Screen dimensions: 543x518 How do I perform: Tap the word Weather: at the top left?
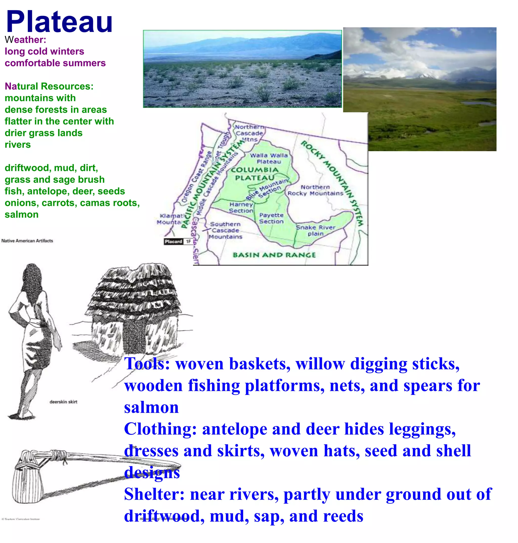tap(25, 40)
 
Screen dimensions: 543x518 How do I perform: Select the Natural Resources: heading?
tap(49, 86)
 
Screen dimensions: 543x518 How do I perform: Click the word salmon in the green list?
tap(21, 214)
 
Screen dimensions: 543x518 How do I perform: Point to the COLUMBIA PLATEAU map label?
tap(255, 174)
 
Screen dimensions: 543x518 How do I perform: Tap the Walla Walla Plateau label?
tap(269, 158)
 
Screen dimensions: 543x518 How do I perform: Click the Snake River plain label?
tap(315, 230)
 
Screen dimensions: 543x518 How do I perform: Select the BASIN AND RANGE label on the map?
tap(274, 255)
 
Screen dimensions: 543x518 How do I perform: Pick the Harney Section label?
tap(241, 208)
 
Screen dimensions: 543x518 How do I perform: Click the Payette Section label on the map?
tap(271, 218)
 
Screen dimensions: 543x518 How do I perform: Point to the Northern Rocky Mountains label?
tap(315, 190)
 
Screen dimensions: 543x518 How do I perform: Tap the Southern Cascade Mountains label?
tap(225, 230)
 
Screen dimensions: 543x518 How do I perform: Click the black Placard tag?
tap(174, 241)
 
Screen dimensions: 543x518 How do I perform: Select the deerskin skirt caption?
tap(63, 402)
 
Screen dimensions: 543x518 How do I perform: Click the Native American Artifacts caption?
tap(27, 241)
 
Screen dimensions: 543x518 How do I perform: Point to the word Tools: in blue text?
tap(147, 364)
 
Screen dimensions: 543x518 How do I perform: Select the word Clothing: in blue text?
tap(160, 429)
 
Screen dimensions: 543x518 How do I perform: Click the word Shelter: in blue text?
tap(154, 494)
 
